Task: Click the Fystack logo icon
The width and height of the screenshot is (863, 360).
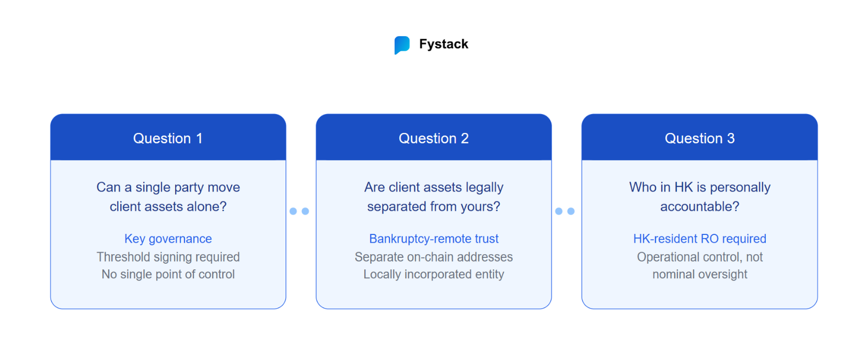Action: point(402,45)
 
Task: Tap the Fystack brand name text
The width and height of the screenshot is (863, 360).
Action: point(444,44)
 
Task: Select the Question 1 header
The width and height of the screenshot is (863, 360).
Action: point(168,138)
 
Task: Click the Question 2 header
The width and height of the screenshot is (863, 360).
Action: point(434,138)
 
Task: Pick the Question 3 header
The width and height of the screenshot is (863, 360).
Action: point(700,138)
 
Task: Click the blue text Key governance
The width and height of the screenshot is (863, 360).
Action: point(168,239)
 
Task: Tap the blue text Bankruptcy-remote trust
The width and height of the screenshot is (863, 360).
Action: point(434,239)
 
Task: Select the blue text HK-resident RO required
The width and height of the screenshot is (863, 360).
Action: point(700,239)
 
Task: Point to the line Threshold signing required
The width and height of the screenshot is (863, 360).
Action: point(168,257)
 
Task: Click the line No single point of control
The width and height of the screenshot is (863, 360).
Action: point(168,274)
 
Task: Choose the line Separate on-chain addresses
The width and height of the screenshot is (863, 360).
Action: point(434,257)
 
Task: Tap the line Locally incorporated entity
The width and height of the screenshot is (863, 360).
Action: point(434,274)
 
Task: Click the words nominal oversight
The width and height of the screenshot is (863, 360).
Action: point(700,274)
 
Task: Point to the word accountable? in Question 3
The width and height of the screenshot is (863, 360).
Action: point(700,207)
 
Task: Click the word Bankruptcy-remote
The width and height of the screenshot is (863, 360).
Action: point(421,239)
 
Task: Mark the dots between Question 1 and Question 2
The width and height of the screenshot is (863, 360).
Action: point(299,211)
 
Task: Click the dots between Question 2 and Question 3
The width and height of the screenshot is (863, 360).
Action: point(565,211)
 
